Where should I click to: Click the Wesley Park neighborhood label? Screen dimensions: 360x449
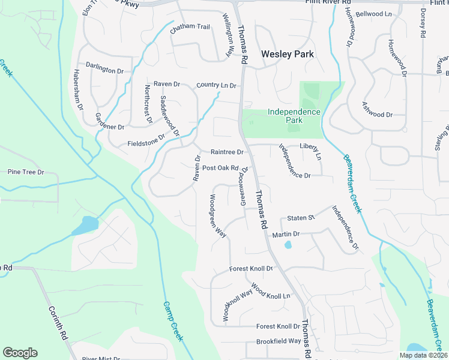(288, 54)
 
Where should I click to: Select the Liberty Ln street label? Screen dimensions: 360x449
(311, 151)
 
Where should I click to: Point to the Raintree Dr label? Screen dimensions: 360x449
(227, 152)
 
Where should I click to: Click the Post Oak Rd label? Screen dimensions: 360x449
(221, 168)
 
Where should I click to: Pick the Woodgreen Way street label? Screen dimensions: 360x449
(217, 215)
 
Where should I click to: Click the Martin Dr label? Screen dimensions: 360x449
(286, 234)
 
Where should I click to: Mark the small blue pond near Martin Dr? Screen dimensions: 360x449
(288, 245)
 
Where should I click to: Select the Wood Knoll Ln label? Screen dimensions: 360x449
(271, 292)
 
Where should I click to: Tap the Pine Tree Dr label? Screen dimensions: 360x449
(26, 172)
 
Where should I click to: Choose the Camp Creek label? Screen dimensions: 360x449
(172, 321)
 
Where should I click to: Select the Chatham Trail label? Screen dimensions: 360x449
(190, 27)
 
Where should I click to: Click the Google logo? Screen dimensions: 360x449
(20, 353)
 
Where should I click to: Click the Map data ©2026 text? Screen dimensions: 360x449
(423, 355)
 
